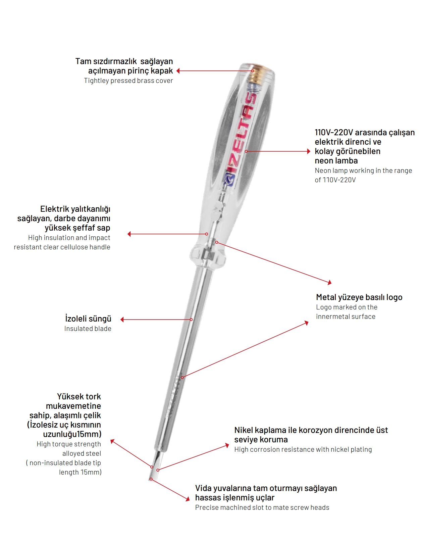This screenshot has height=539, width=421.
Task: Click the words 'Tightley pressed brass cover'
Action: pyautogui.click(x=128, y=81)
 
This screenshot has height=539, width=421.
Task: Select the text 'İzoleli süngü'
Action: pyautogui.click(x=88, y=318)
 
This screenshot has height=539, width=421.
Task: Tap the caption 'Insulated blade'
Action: pyautogui.click(x=88, y=329)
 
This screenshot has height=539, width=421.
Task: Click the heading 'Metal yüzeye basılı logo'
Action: pyautogui.click(x=359, y=297)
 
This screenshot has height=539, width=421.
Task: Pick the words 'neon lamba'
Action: pyautogui.click(x=336, y=161)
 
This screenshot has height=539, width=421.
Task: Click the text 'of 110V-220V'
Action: pyautogui.click(x=335, y=180)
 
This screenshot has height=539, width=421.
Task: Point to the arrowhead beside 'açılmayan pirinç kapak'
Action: pyautogui.click(x=178, y=71)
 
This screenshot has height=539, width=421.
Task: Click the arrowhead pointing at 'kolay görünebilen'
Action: pyautogui.click(x=309, y=151)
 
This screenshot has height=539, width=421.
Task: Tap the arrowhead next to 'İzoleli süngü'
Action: pyautogui.click(x=122, y=320)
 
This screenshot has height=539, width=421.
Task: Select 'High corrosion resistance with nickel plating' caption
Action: pyautogui.click(x=303, y=449)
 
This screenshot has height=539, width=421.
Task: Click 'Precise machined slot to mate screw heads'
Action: pyautogui.click(x=262, y=507)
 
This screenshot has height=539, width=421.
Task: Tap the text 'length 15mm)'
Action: pyautogui.click(x=80, y=472)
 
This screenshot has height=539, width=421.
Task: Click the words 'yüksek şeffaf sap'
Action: pyautogui.click(x=77, y=228)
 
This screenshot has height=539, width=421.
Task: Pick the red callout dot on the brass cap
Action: pyautogui.click(x=253, y=71)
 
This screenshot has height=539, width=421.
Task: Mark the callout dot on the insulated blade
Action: pyautogui.click(x=191, y=320)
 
